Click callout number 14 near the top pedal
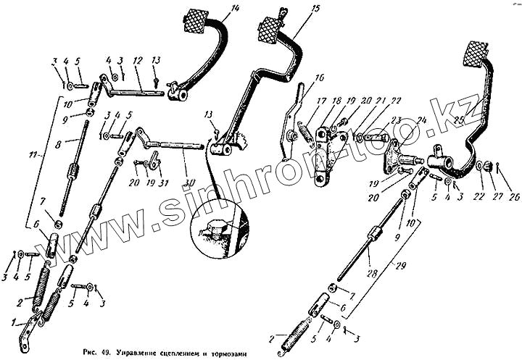pos(234,9)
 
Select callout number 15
pos(315,9)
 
